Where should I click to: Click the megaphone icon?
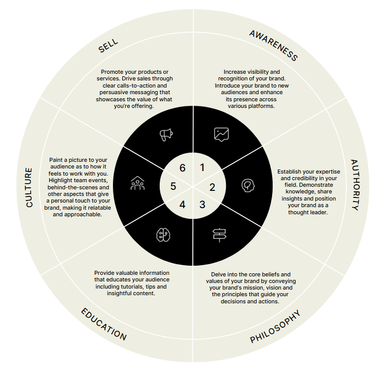coord(166,134)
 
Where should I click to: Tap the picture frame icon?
coord(221,134)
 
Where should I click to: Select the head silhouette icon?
coord(248,185)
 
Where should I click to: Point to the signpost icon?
coord(219,235)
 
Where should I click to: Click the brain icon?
coord(163,235)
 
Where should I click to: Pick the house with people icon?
coord(137,183)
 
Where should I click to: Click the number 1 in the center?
coord(202,167)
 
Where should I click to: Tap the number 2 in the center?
coord(212,187)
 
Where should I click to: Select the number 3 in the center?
coord(202,205)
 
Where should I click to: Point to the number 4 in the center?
coord(182,205)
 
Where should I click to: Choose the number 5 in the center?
coord(173,186)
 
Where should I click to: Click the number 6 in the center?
coord(182,168)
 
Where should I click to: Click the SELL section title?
coord(108,45)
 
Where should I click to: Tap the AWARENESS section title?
coord(274,45)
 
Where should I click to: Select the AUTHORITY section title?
coord(355,185)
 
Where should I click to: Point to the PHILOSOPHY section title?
coord(275,326)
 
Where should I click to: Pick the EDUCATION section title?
coord(104,324)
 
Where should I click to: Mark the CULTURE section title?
coord(29,187)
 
